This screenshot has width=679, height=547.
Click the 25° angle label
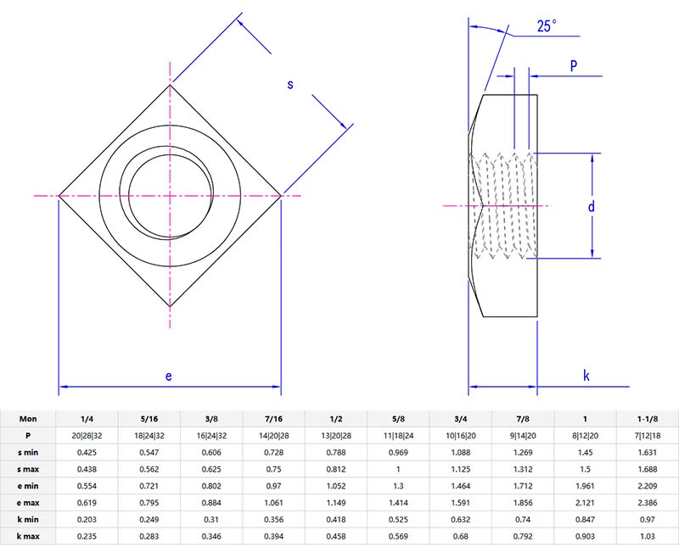pyautogui.click(x=547, y=26)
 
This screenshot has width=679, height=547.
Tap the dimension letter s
pyautogui.click(x=289, y=85)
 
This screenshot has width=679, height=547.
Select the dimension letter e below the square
pyautogui.click(x=168, y=376)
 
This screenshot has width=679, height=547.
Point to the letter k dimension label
pyautogui.click(x=586, y=376)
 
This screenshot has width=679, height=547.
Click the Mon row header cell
pyautogui.click(x=28, y=419)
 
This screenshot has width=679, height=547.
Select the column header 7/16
pyautogui.click(x=273, y=419)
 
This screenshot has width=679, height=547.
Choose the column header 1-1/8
pyautogui.click(x=647, y=419)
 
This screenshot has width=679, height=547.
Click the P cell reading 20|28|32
pyautogui.click(x=87, y=435)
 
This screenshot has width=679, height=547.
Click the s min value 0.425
pyautogui.click(x=87, y=452)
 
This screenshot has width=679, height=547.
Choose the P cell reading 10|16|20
pyautogui.click(x=460, y=435)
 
